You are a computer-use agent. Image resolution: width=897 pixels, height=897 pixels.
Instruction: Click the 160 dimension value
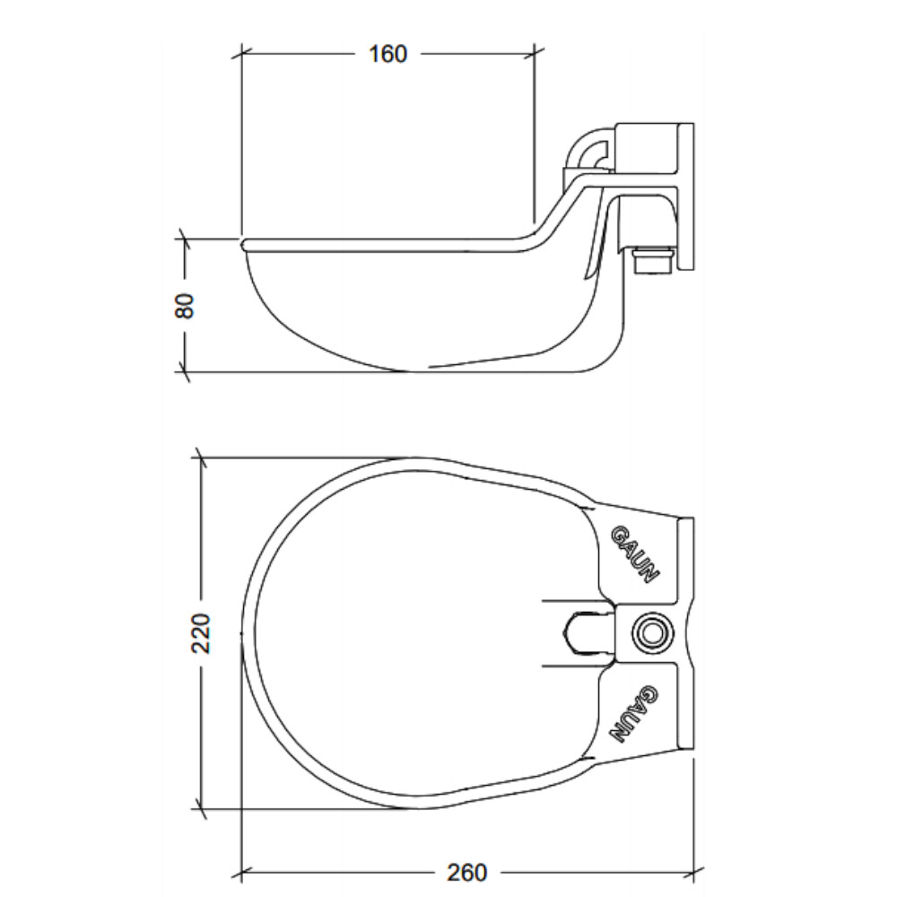point(388,54)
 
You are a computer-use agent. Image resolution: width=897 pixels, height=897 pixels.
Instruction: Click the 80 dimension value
point(186,306)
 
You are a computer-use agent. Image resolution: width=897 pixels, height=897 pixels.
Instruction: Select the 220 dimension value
point(201,633)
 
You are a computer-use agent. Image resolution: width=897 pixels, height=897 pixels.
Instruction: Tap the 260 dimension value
point(466,873)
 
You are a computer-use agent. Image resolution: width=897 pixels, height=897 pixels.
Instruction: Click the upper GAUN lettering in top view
point(636,553)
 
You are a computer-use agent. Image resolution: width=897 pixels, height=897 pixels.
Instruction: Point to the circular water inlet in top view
point(652,633)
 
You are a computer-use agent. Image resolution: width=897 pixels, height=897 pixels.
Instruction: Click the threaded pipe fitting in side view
point(654,260)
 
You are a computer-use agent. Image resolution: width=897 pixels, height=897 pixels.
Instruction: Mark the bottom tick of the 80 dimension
point(184,372)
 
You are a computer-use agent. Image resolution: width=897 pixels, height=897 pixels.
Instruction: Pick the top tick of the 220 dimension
point(200,457)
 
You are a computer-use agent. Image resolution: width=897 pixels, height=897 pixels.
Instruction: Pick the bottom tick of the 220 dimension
point(200,809)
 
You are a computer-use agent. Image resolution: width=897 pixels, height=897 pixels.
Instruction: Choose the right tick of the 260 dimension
point(694,873)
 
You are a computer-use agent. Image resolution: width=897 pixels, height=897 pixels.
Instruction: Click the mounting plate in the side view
point(685,196)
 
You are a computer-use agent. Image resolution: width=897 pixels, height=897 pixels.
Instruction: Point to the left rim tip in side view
point(242,244)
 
